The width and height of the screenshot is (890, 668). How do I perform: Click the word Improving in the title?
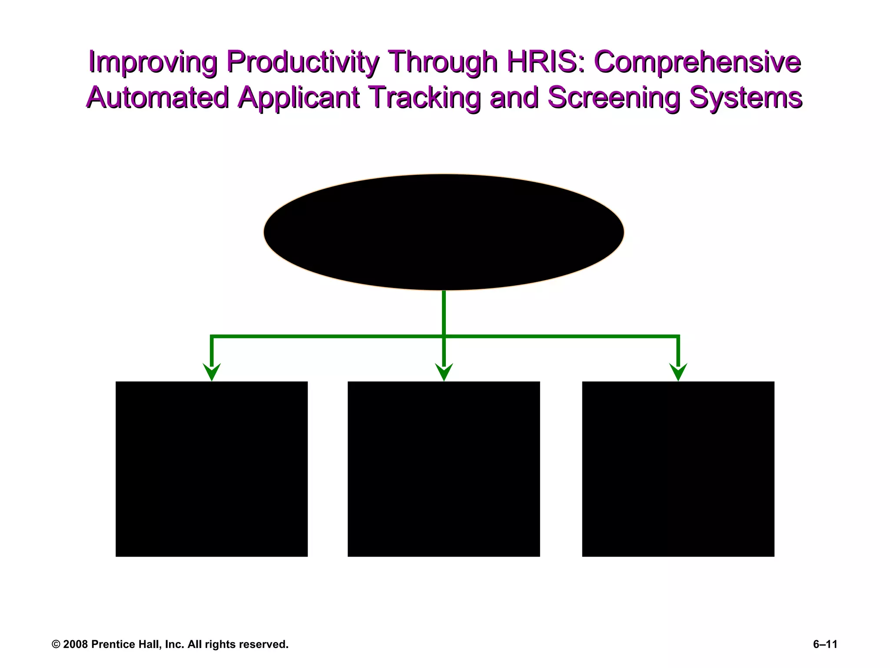point(152,62)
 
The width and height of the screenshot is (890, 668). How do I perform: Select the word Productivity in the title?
point(303,62)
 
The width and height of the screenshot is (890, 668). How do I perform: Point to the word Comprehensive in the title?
point(697,62)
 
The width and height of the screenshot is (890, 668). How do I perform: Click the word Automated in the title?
point(157,97)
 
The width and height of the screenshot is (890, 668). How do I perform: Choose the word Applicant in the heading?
point(299,98)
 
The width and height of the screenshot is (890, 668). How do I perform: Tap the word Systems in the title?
point(745,98)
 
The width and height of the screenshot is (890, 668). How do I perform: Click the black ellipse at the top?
point(444,232)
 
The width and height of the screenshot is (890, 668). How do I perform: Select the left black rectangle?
point(212,469)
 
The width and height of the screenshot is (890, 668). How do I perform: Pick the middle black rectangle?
point(444,469)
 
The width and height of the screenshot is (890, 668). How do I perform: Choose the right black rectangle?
point(678,469)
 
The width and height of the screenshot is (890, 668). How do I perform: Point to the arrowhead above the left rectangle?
point(212,372)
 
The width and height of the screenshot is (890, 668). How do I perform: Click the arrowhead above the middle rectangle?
point(444,372)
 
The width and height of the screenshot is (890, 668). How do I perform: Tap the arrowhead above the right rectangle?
point(678,372)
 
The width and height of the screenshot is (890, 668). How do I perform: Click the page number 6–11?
point(825,644)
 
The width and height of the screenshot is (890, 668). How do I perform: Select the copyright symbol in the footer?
point(56,645)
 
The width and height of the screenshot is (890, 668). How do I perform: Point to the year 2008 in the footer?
point(76,644)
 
